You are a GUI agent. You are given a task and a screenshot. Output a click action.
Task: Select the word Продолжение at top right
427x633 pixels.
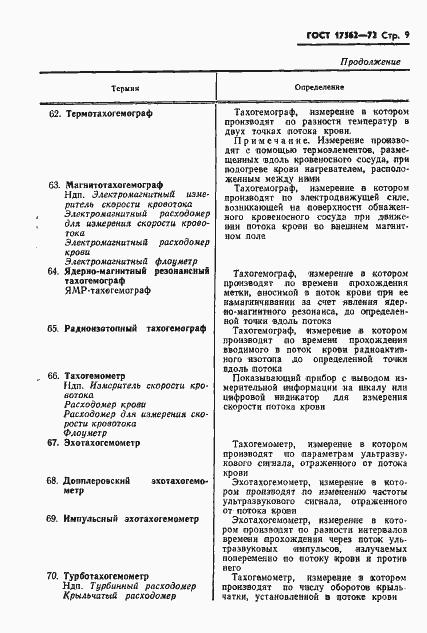[371, 63]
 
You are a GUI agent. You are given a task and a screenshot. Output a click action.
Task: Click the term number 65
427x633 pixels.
[54, 328]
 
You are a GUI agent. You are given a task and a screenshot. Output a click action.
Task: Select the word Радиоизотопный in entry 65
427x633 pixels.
[108, 328]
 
